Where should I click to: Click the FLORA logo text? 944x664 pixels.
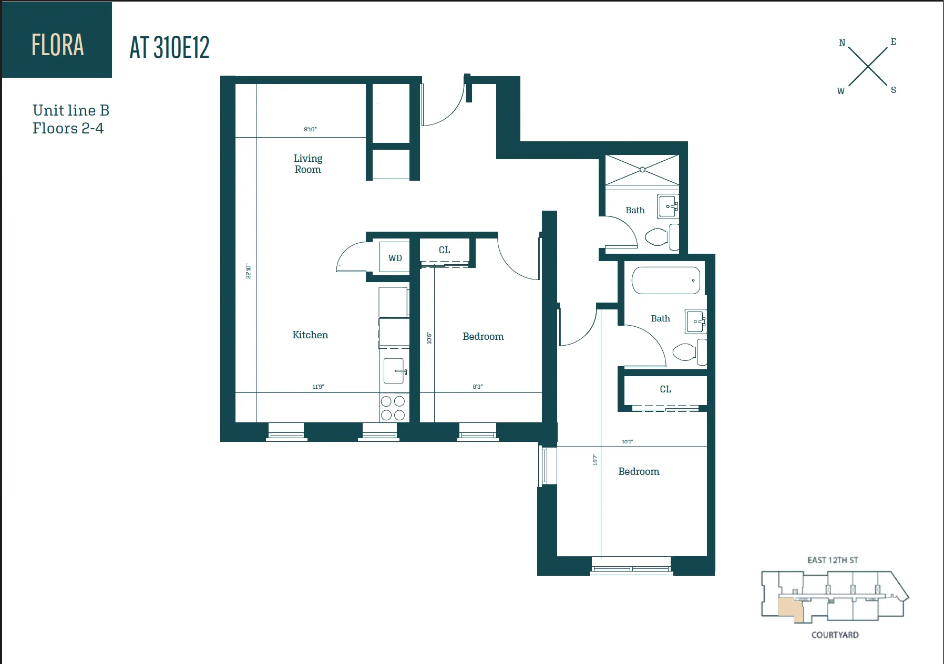tap(57, 45)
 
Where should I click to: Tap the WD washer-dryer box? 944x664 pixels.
tap(395, 257)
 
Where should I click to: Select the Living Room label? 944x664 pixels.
tap(307, 163)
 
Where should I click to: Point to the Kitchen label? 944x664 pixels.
tap(310, 335)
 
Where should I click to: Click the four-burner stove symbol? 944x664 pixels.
tap(393, 408)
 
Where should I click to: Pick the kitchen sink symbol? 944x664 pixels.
tap(394, 371)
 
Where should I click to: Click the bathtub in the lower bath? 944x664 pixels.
tap(666, 281)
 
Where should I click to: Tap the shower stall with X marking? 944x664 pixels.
tap(642, 170)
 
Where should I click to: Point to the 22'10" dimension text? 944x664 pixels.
tap(249, 271)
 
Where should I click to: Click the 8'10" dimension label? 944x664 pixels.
tap(310, 129)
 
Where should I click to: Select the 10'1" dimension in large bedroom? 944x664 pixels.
tap(627, 442)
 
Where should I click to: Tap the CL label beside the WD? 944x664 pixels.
tap(444, 250)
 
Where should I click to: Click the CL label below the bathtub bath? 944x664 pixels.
tap(665, 389)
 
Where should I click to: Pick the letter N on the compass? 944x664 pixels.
tap(842, 43)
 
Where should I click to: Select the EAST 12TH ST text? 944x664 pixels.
tap(833, 560)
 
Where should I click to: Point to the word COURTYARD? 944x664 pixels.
tap(835, 635)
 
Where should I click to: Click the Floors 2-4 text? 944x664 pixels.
tap(68, 128)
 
